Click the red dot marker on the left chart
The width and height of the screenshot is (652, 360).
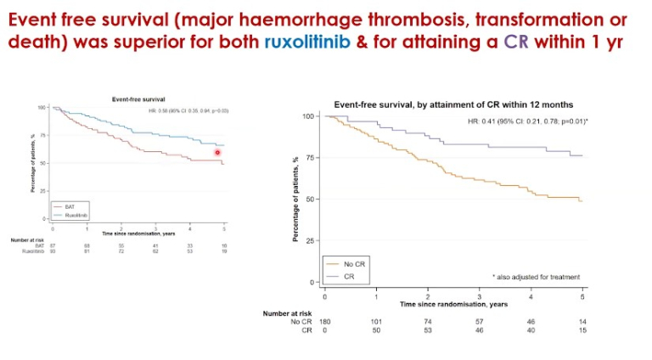click(x=217, y=153)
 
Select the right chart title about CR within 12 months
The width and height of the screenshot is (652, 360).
click(x=454, y=104)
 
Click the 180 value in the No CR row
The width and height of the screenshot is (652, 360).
click(x=324, y=322)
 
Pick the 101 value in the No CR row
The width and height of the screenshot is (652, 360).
click(x=376, y=322)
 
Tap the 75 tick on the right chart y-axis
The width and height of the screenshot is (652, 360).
click(x=310, y=157)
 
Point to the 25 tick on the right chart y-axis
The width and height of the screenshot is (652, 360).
click(x=310, y=240)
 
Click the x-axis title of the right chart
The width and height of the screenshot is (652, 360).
click(x=454, y=303)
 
